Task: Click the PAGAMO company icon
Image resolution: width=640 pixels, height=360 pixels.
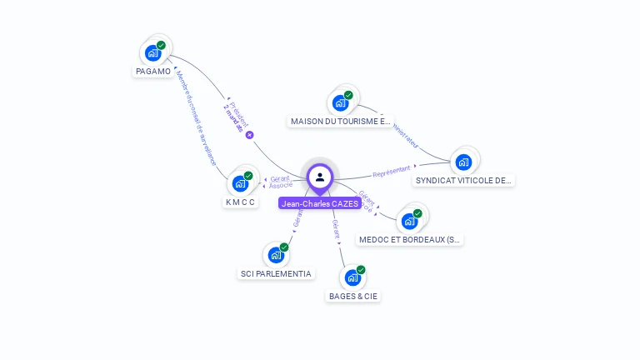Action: coord(152,53)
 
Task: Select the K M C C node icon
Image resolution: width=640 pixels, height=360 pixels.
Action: coord(241,183)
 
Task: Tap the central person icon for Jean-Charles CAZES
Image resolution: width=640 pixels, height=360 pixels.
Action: coord(320,177)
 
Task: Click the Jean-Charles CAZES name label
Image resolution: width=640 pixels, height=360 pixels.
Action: coord(320,203)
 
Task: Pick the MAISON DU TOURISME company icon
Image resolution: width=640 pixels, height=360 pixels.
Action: coord(340,102)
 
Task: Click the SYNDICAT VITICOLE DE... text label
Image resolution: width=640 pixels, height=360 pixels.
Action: coord(464,180)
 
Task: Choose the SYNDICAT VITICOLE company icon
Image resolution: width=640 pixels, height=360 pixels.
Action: coord(463,162)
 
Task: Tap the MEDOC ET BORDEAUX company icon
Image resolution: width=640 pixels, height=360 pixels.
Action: coord(409,222)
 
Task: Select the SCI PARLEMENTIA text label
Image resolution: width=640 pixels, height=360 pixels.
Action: coord(277,273)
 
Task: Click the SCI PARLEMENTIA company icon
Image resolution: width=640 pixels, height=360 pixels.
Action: coord(276,255)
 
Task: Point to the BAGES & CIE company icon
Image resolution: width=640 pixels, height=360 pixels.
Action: coord(352,277)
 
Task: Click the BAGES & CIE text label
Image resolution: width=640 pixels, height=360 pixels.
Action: coord(353,296)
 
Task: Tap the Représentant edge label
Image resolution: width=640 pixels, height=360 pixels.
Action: coord(392,171)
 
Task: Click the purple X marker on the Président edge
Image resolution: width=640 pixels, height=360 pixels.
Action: coord(249,135)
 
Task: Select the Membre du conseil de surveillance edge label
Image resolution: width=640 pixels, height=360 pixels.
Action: coord(196,117)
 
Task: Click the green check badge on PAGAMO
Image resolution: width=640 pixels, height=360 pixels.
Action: coord(161,45)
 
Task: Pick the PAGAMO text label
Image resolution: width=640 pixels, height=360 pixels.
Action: coord(153,72)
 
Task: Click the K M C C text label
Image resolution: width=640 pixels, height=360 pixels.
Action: coord(241,202)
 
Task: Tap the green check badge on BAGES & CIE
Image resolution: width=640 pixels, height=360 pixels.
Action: coord(361,269)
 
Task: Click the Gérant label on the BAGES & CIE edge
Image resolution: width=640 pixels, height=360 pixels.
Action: coord(335,229)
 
